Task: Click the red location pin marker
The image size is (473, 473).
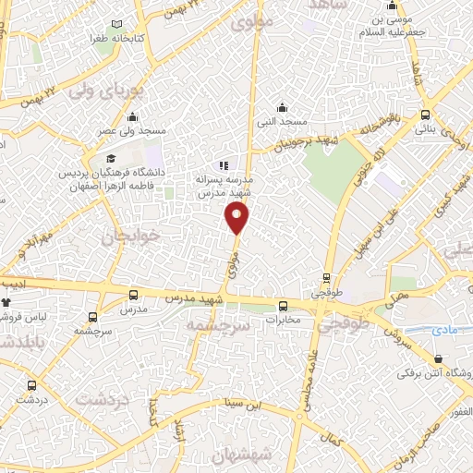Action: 237,218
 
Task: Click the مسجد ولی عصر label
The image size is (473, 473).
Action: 132,132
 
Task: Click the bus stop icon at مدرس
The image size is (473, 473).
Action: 135,295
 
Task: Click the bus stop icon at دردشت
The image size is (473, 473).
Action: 32,385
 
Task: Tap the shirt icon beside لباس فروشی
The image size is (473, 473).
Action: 6,302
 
